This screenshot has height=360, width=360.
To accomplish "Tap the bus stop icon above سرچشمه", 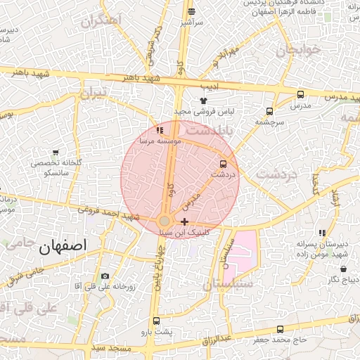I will pos(269,111).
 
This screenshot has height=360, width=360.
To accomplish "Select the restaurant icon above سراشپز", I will pos(191,11).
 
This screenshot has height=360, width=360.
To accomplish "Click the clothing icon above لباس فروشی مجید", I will pos(203,101).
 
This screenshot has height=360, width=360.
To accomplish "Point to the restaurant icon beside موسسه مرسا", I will pos(160,130).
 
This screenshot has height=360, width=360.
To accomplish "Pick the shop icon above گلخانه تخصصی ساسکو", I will pos(56,153).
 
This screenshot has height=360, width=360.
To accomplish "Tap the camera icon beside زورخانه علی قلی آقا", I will pos(105,276).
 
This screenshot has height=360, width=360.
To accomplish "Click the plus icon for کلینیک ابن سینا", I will pos(184,221).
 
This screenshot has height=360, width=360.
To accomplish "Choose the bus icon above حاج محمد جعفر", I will pos(281,330).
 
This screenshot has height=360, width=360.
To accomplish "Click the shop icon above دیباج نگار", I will pos(343,269).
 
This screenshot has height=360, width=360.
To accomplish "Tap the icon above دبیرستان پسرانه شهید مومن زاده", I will pos(322,233).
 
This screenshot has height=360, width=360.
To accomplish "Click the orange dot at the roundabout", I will pos(164,221).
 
